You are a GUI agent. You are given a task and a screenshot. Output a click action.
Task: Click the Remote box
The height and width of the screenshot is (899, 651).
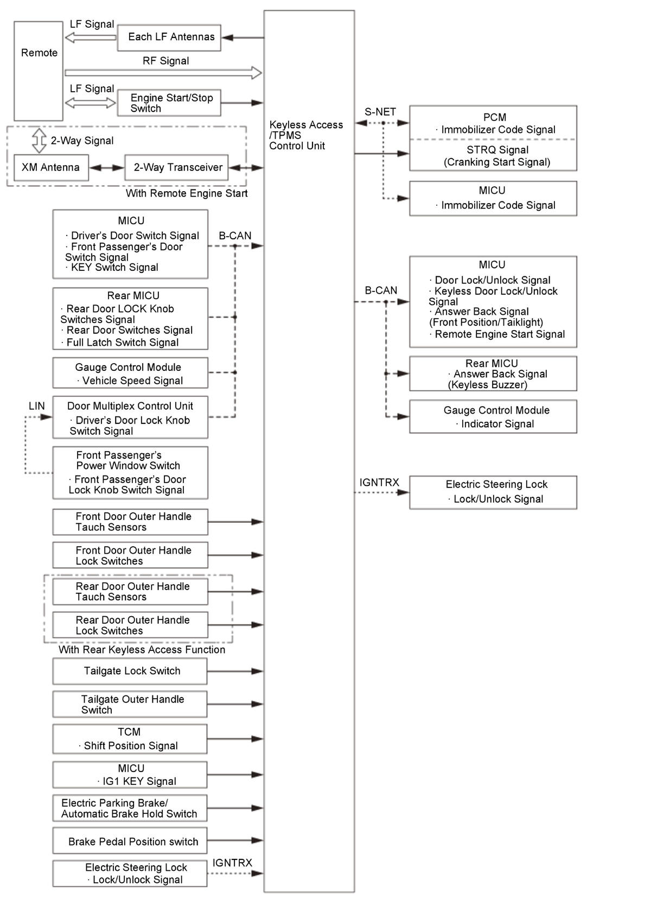point(39,71)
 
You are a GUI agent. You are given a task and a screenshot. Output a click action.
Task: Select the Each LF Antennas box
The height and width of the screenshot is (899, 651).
point(169,37)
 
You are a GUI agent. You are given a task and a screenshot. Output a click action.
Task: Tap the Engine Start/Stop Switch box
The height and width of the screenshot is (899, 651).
point(169,103)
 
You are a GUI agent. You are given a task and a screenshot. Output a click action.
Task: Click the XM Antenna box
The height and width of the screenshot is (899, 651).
point(50,168)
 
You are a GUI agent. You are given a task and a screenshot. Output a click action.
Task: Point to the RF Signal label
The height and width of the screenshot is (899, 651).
point(165,61)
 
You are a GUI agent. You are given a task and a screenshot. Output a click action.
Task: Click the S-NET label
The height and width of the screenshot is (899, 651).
point(380,112)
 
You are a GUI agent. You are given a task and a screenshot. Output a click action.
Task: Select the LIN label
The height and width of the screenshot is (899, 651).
point(36,406)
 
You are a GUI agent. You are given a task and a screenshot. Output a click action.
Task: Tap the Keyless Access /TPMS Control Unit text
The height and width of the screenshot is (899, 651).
point(306,135)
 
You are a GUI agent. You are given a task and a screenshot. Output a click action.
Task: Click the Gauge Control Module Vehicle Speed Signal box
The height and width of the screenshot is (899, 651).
point(130,373)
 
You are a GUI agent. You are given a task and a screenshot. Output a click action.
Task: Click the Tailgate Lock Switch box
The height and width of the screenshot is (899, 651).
point(130,671)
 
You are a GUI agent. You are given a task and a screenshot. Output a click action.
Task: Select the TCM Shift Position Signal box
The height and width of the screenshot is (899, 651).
point(130,739)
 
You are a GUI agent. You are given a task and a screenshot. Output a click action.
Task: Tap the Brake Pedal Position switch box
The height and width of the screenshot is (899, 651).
point(130,841)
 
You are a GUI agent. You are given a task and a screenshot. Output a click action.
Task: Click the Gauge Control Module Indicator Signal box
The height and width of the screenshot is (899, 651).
point(493,417)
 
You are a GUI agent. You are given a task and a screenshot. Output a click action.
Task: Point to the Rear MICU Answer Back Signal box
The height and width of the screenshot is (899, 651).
point(493,373)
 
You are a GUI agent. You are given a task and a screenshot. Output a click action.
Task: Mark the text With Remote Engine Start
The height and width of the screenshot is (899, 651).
point(187,193)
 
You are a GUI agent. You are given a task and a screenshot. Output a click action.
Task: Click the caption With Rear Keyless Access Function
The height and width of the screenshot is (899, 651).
point(142,650)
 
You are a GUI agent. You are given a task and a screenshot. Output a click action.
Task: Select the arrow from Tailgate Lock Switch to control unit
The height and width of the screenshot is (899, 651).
point(235,672)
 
